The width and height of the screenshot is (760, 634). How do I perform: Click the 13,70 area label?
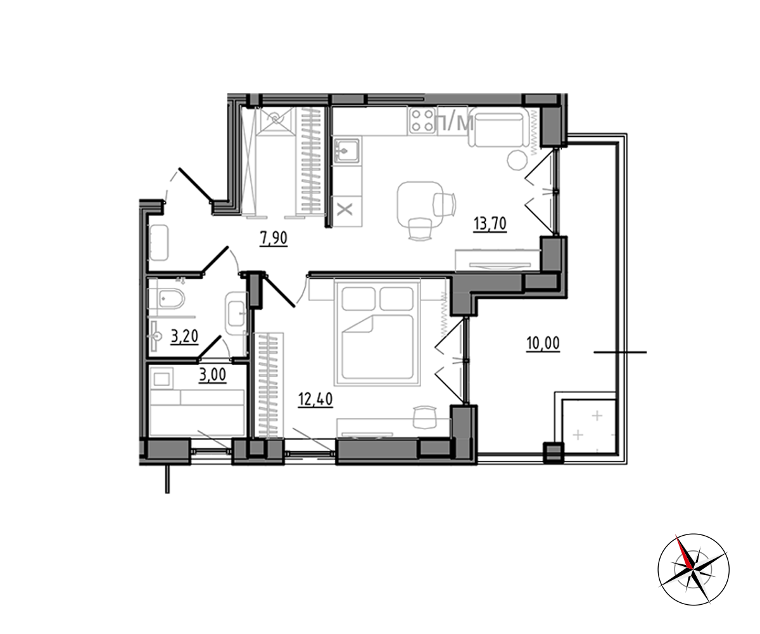(x=490, y=224)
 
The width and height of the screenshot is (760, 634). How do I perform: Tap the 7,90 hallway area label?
(x=274, y=238)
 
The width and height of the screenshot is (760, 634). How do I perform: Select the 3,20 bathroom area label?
(x=184, y=337)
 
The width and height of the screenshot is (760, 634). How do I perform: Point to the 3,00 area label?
(x=213, y=375)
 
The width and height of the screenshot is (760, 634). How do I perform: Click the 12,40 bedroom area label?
(x=315, y=399)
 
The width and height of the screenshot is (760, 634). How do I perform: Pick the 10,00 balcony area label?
(x=543, y=343)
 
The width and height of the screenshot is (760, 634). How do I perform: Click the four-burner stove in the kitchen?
(x=422, y=120)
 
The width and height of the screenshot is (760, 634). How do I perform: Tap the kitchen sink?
(x=347, y=151)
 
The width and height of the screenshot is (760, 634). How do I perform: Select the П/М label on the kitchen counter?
(x=454, y=124)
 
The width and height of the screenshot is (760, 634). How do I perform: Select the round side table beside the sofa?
(x=517, y=160)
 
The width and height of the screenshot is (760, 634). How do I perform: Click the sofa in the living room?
(x=499, y=127)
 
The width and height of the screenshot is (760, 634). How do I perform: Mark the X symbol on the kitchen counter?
(x=345, y=209)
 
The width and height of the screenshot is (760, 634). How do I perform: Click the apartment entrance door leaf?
(x=196, y=184)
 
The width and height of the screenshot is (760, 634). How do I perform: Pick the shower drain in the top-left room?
(x=275, y=118)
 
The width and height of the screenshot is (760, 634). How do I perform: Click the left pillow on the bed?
(x=358, y=299)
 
